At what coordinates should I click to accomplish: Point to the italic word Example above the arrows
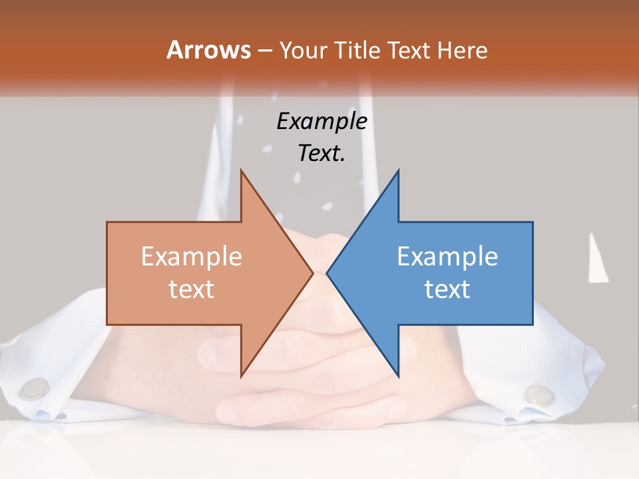coord(321,121)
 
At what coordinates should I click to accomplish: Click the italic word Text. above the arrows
coord(321,154)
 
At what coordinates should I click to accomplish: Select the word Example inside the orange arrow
coord(192,256)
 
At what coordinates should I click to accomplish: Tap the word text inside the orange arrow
coord(192,289)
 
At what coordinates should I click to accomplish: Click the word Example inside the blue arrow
coord(447,256)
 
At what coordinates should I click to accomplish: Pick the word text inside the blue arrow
coord(447,289)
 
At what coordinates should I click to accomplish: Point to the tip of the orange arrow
coord(312,273)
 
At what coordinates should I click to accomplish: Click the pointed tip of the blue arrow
coord(327,273)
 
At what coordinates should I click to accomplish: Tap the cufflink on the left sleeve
coord(34,387)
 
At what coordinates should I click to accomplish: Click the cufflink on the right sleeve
coord(538,394)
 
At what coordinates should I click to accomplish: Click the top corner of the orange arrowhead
coord(242,171)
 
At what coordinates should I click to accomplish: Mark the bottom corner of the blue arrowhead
coord(398,376)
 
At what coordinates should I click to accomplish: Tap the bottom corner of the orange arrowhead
coord(242,376)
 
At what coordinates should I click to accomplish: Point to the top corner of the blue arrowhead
coord(398,171)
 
